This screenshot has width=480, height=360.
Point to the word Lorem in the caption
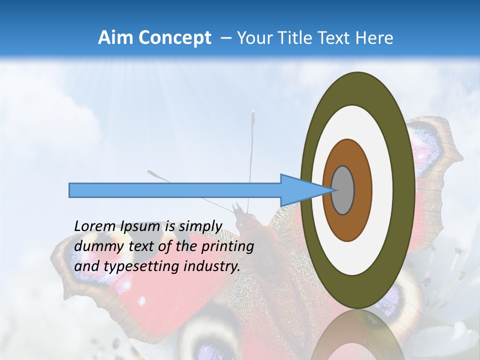point(95,226)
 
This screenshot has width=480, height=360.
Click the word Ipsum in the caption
point(140,226)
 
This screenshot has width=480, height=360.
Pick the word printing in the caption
point(227,246)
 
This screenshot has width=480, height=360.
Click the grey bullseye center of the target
point(343,190)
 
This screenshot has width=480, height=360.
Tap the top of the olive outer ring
point(357,88)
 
